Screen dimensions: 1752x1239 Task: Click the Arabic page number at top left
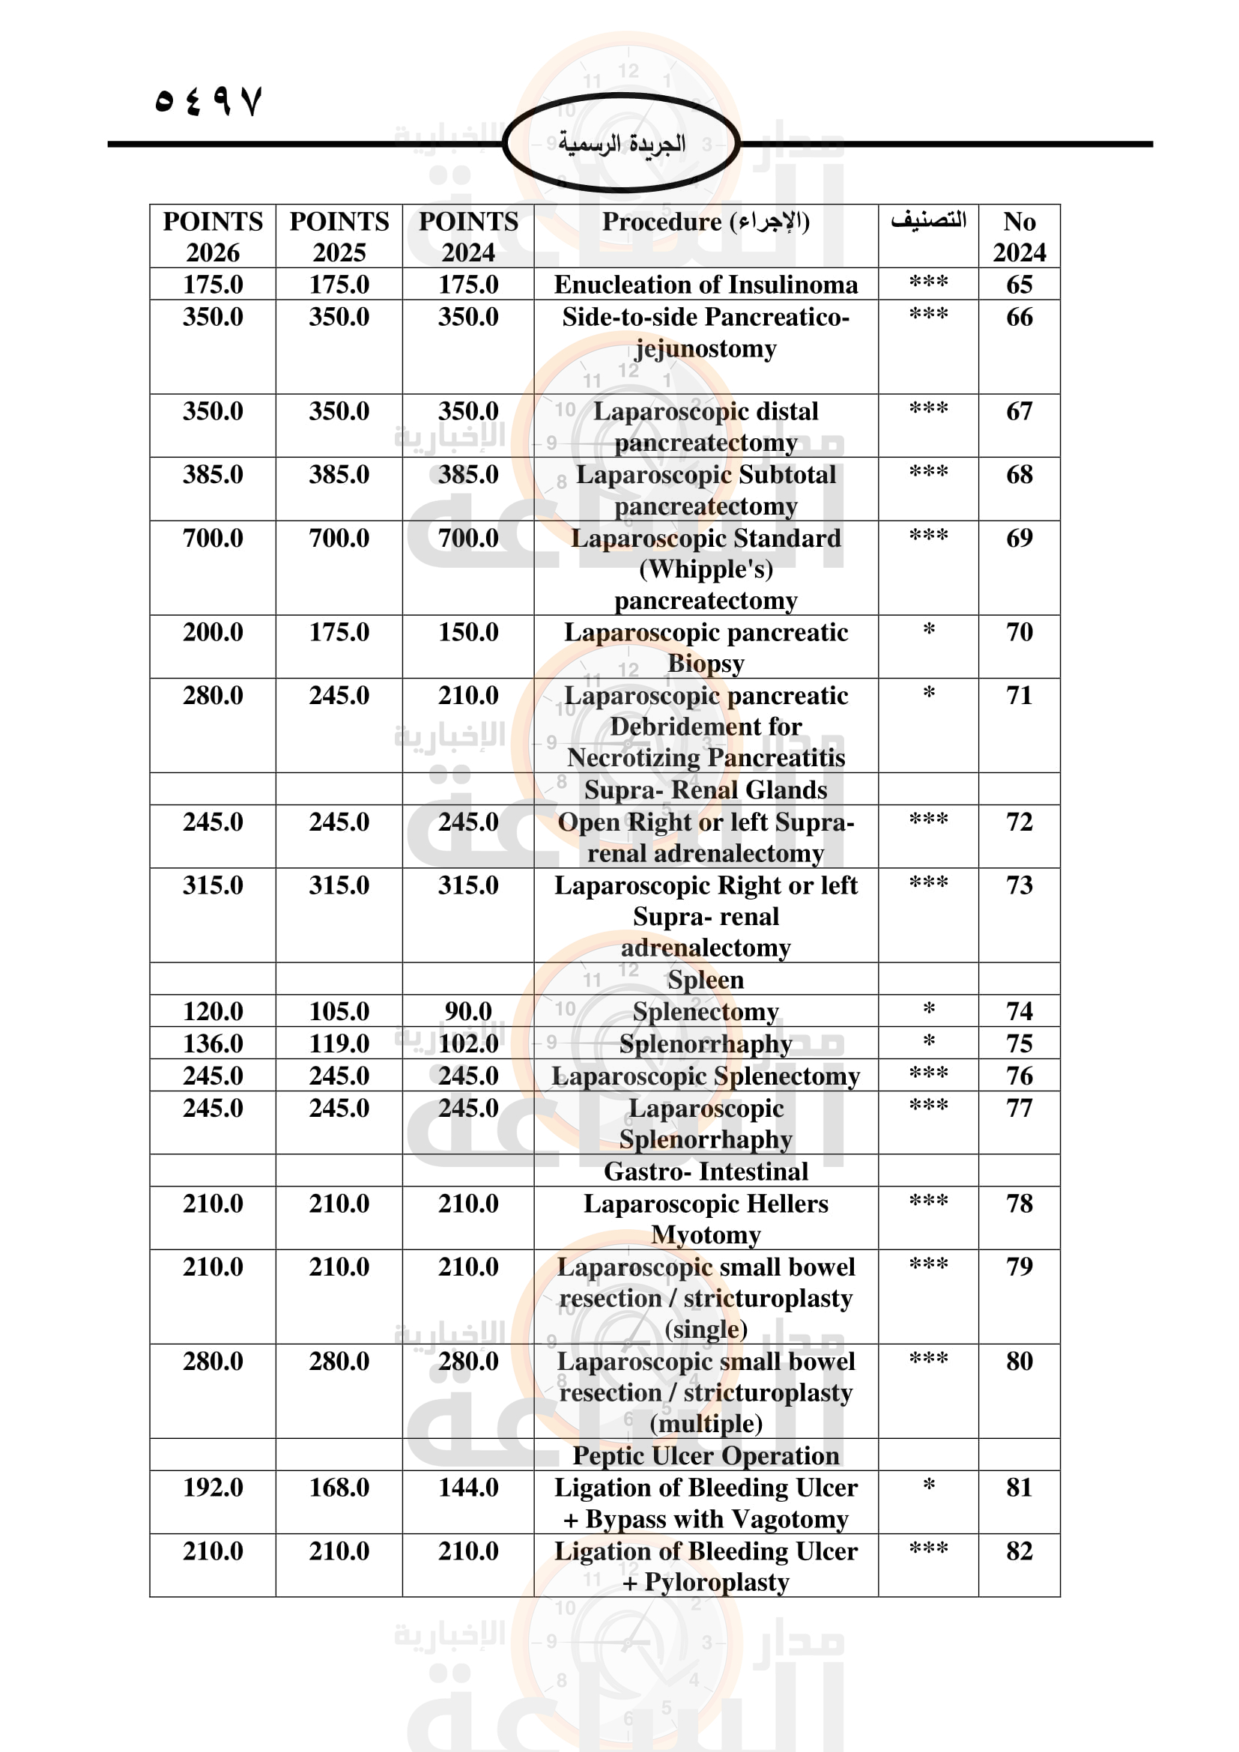click(x=207, y=101)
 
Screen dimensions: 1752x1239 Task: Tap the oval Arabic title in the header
click(x=621, y=144)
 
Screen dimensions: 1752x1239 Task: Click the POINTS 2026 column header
click(x=212, y=237)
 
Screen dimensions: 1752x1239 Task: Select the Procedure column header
click(x=705, y=222)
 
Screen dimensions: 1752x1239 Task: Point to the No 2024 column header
click(x=1019, y=237)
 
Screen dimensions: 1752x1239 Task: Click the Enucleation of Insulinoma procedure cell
click(x=705, y=285)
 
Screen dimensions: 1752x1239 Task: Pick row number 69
click(x=1019, y=538)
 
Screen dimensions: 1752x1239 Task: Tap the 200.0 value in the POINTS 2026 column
click(x=212, y=632)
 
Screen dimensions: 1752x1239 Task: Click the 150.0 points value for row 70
click(x=467, y=632)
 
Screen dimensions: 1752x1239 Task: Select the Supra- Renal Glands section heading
click(x=705, y=789)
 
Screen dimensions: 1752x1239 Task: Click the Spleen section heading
click(x=705, y=979)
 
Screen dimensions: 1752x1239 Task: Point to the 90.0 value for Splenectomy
click(x=467, y=1011)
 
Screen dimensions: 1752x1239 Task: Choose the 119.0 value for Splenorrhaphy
click(x=339, y=1043)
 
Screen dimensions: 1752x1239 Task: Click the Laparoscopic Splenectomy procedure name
click(x=705, y=1076)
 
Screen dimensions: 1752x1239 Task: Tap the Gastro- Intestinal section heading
click(x=705, y=1171)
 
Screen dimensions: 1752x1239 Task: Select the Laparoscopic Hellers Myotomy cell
click(x=705, y=1219)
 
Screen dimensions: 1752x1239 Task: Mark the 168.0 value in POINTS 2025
click(x=339, y=1488)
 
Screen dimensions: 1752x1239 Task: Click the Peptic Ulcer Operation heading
click(x=705, y=1455)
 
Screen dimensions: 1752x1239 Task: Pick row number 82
click(x=1019, y=1551)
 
